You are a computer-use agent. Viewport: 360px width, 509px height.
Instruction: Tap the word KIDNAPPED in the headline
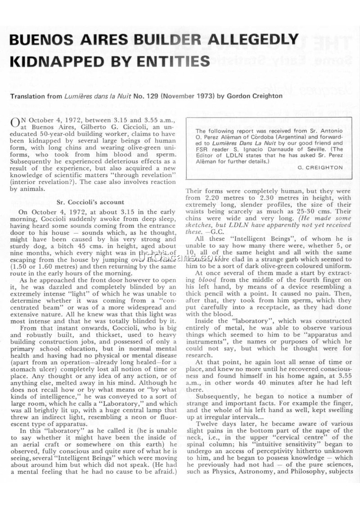(x=55, y=61)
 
